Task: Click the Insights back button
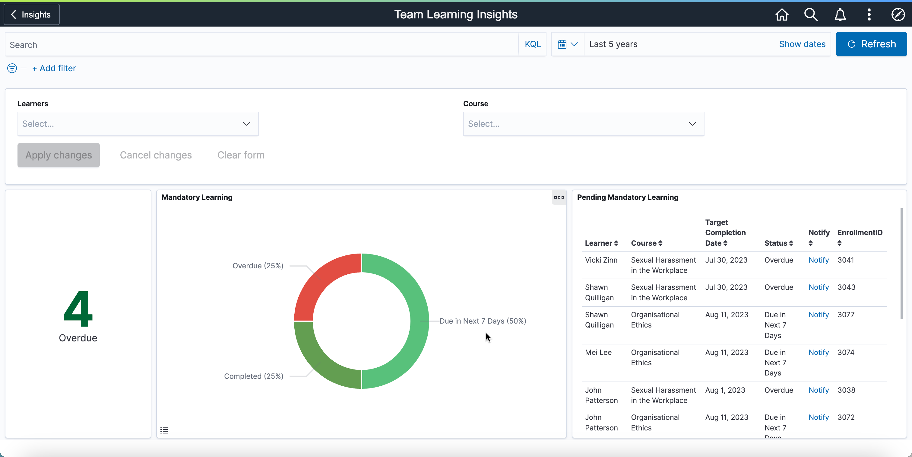click(31, 14)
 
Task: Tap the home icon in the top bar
click(782, 14)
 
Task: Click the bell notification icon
click(840, 14)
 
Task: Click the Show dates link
click(802, 44)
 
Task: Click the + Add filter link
click(54, 69)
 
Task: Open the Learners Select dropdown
click(138, 124)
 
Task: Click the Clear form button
click(241, 155)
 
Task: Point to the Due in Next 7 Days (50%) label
click(483, 321)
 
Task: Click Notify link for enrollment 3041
click(818, 260)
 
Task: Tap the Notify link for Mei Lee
click(818, 353)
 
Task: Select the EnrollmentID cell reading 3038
click(846, 390)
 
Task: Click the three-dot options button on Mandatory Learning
click(559, 197)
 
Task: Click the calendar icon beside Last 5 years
click(562, 44)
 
